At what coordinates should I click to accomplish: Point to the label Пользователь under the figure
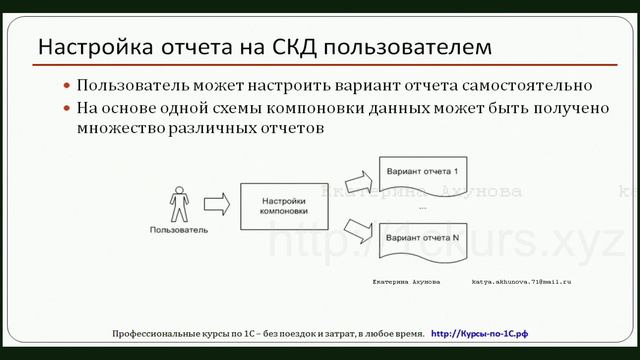[x=178, y=230]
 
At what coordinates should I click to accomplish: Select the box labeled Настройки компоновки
[x=283, y=205]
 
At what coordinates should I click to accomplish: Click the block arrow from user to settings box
[x=219, y=204]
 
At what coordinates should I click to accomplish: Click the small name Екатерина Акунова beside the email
[x=406, y=283]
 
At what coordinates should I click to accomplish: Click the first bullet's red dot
[x=67, y=87]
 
